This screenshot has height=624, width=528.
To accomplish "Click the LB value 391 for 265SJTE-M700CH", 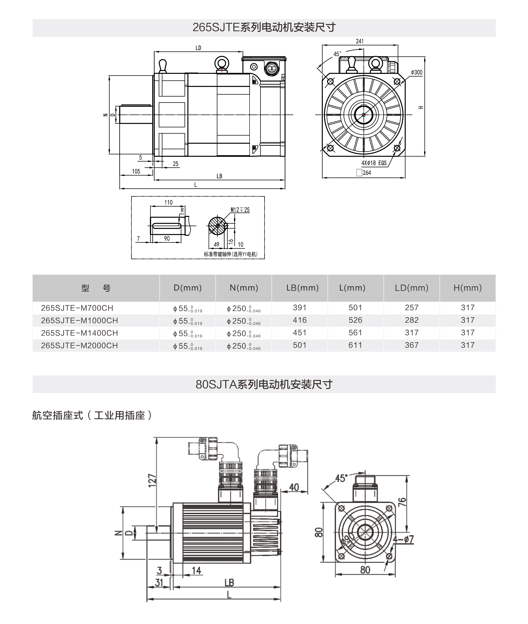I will click(299, 308).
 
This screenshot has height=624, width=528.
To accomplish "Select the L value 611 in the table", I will click(355, 345).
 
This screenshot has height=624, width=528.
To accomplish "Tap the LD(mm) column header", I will click(412, 288).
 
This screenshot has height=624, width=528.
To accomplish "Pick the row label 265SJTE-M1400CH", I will click(79, 333).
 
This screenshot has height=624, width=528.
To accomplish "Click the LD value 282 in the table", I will click(412, 320).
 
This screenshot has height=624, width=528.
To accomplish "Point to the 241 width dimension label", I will click(360, 41).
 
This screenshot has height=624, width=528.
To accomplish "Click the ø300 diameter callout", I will click(417, 72).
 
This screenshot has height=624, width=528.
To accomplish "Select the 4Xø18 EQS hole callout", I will click(374, 163).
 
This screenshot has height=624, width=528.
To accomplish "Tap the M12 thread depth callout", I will click(240, 210).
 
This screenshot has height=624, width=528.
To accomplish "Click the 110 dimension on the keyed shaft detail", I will click(169, 203).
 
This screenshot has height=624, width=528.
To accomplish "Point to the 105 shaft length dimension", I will click(136, 171).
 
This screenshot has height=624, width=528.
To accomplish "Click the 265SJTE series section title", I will click(264, 27).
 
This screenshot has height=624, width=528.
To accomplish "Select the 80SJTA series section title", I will click(264, 384).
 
